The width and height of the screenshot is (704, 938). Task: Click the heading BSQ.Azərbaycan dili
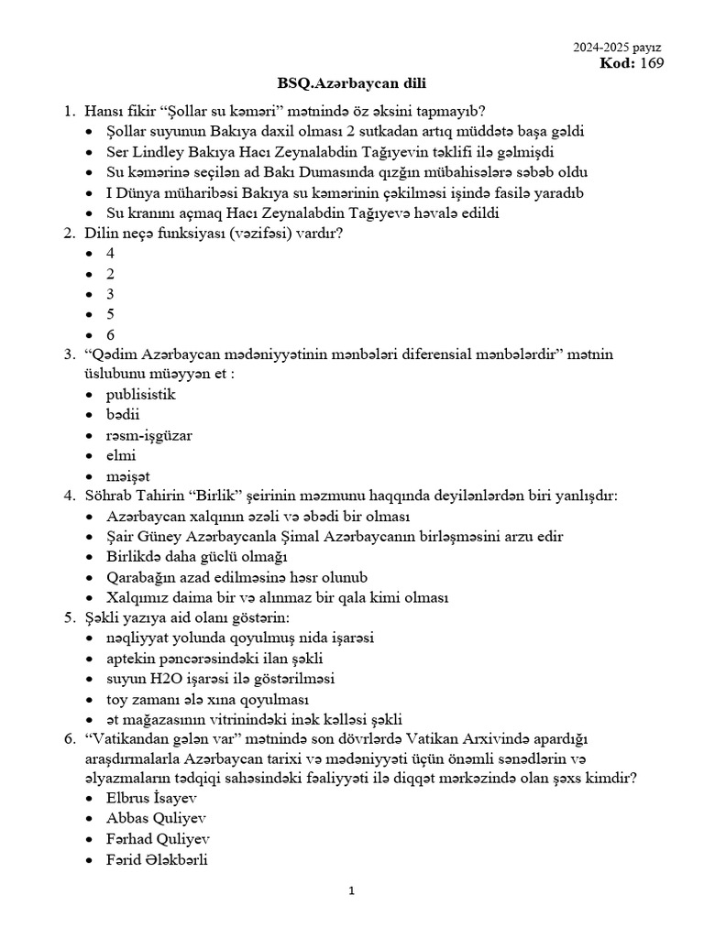(351, 83)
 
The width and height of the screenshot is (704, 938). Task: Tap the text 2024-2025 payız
(617, 47)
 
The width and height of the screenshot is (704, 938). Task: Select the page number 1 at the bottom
(351, 891)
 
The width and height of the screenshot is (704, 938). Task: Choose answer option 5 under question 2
(111, 314)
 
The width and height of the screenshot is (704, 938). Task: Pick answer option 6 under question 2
(111, 334)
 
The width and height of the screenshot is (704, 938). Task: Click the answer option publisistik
(140, 395)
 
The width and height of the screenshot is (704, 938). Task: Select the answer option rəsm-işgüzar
(148, 435)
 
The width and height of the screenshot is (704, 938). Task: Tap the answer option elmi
(121, 455)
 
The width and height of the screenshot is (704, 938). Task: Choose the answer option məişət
(127, 476)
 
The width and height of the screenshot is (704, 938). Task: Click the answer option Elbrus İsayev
(151, 798)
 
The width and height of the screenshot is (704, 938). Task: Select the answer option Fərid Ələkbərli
(157, 859)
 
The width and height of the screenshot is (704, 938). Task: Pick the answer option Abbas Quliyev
(156, 818)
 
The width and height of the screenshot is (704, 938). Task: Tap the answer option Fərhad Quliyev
(158, 839)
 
